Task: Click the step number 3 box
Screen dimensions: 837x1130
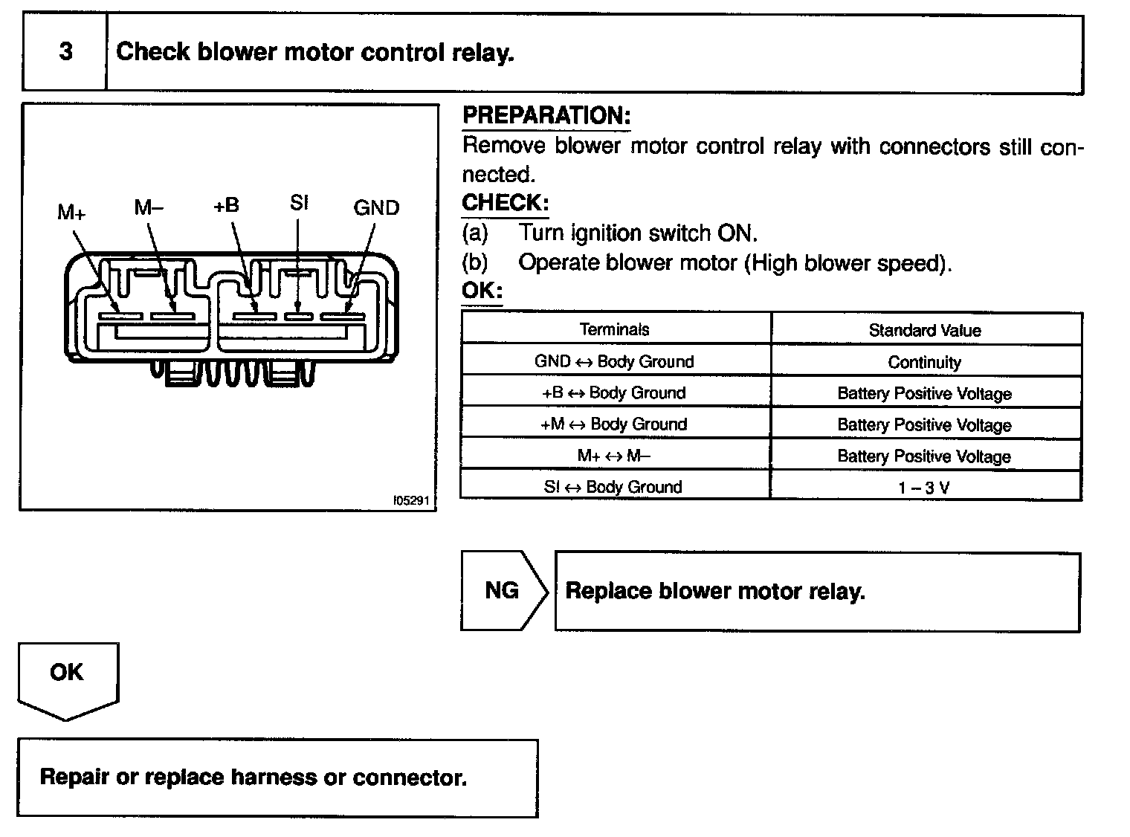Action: pyautogui.click(x=65, y=53)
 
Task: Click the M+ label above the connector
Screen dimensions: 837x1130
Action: pyautogui.click(x=72, y=213)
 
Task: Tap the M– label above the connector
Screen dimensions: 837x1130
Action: pyautogui.click(x=149, y=207)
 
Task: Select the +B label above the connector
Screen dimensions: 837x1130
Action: pyautogui.click(x=227, y=206)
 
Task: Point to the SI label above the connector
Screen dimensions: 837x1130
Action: pyautogui.click(x=299, y=203)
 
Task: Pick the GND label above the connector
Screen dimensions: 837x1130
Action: pyautogui.click(x=376, y=208)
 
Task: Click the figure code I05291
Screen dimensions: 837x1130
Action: pyautogui.click(x=411, y=501)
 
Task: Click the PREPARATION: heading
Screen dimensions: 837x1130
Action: pyautogui.click(x=546, y=116)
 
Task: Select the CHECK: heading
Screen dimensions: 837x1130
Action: pyautogui.click(x=506, y=203)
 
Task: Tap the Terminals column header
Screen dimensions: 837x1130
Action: pyautogui.click(x=614, y=329)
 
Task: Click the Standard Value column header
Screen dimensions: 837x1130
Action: pyautogui.click(x=925, y=330)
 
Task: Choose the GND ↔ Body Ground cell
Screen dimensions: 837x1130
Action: pyautogui.click(x=614, y=361)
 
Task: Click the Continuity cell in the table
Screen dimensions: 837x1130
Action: pyautogui.click(x=925, y=362)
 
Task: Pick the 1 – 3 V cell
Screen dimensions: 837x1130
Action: pyautogui.click(x=925, y=488)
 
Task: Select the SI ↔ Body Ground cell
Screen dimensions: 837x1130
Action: pyautogui.click(x=614, y=487)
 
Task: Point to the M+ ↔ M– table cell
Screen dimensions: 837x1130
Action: pyautogui.click(x=614, y=456)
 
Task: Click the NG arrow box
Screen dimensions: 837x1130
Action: pyautogui.click(x=503, y=591)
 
